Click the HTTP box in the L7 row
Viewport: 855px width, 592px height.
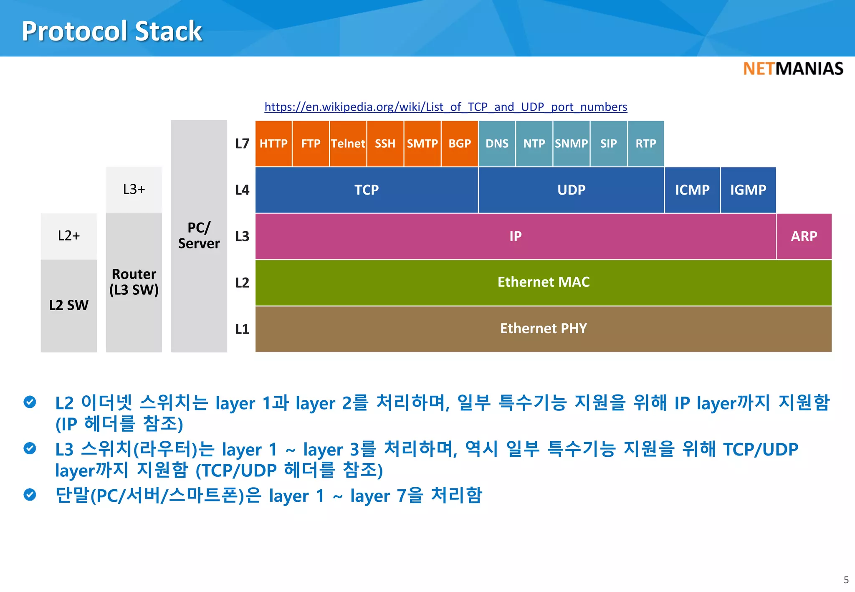[273, 144]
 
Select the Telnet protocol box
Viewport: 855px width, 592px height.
[348, 144]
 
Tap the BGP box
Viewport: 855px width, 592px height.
[460, 144]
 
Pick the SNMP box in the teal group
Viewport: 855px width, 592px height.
[571, 144]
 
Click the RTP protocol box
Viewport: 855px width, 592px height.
[645, 144]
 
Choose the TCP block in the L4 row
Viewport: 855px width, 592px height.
[367, 190]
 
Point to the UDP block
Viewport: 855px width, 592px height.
[571, 190]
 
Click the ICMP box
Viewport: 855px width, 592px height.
[692, 190]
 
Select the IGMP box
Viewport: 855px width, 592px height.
[748, 190]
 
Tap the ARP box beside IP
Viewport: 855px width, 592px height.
[804, 236]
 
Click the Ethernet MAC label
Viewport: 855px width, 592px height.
[543, 282]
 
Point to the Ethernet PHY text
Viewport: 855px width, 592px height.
[543, 329]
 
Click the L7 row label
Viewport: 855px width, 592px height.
[242, 144]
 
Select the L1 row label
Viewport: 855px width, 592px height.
[242, 329]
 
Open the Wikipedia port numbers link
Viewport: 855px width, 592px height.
[445, 107]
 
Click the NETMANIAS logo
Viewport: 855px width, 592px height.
[793, 69]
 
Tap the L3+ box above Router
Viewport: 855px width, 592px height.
[134, 190]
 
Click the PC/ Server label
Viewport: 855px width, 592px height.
[199, 235]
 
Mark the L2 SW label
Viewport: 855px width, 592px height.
[68, 305]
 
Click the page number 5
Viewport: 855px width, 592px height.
[846, 580]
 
